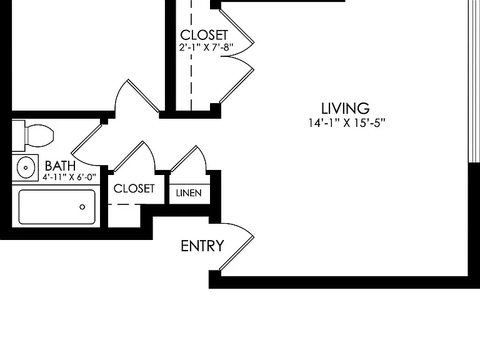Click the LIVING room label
[x=345, y=108]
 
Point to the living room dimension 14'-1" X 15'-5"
[x=346, y=123]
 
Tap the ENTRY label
[x=202, y=246]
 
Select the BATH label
[x=60, y=166]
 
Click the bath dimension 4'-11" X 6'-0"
[x=69, y=177]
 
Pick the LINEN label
[x=189, y=193]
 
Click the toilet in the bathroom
[x=33, y=135]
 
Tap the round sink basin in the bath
[x=26, y=167]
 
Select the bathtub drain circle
[x=82, y=207]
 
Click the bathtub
[x=57, y=207]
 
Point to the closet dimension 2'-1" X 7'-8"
[x=206, y=47]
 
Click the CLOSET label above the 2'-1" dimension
[x=204, y=35]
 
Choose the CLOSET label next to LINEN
[x=134, y=189]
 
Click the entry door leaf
[x=237, y=254]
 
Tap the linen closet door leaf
[x=183, y=159]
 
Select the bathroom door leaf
[x=87, y=139]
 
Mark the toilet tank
[x=18, y=136]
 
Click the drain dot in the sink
[x=26, y=167]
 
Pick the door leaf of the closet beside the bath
[x=128, y=156]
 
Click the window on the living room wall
[x=474, y=81]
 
